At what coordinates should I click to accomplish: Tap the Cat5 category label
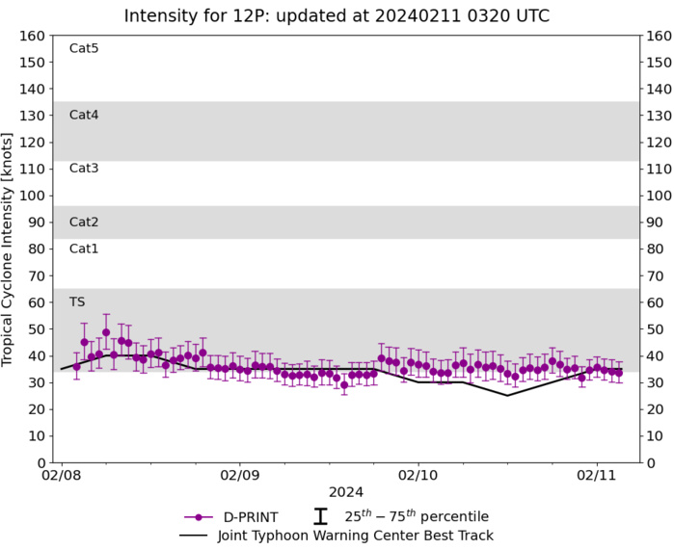click(84, 48)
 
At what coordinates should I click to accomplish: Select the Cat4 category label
click(84, 115)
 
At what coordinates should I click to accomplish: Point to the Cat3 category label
click(84, 169)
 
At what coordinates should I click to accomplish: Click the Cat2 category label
click(84, 222)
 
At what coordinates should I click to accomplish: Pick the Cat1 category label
click(84, 249)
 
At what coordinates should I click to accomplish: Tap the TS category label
click(77, 302)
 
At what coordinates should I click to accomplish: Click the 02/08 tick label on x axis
click(62, 476)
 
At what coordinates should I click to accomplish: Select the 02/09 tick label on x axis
click(240, 476)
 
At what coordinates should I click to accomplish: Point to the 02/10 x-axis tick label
click(418, 476)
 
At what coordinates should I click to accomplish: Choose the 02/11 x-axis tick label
click(597, 476)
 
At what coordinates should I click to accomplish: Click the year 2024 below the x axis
click(346, 493)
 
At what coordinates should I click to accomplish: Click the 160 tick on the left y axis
click(35, 36)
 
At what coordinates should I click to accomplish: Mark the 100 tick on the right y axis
click(658, 196)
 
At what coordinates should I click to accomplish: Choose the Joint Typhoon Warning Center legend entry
click(336, 535)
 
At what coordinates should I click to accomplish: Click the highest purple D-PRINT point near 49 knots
click(106, 332)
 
